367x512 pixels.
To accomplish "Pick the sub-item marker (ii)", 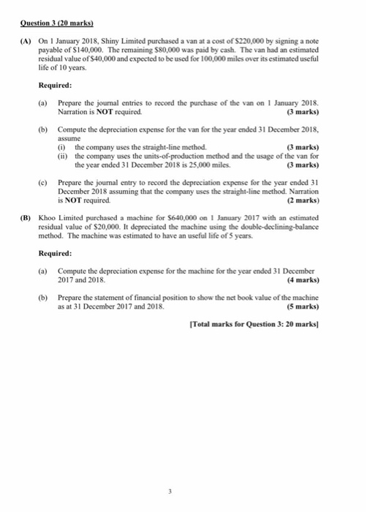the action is pyautogui.click(x=63, y=157).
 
